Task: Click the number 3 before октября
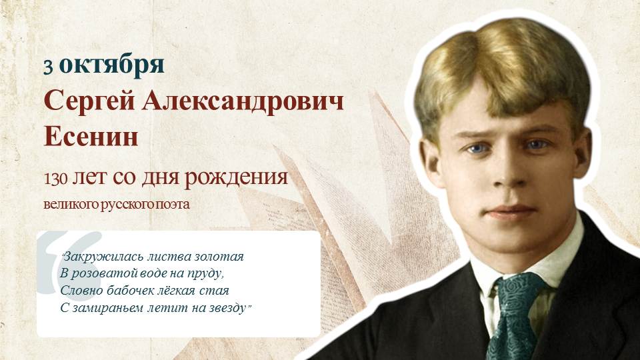tap(48, 67)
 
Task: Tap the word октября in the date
tap(111, 66)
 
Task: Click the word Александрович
tap(243, 101)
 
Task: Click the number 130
tap(55, 179)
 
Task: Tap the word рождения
tap(236, 178)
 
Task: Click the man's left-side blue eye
tap(477, 149)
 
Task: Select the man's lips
tap(511, 212)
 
